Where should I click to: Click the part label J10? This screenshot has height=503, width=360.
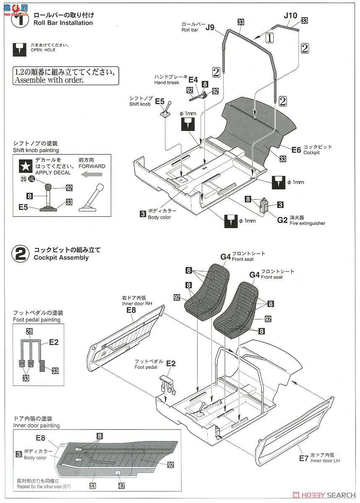click(290, 16)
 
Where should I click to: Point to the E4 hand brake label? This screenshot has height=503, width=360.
click(193, 79)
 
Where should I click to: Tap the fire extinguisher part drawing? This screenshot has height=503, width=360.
click(264, 205)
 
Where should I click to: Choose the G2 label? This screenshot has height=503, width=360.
click(282, 219)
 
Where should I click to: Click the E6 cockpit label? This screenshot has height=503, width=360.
click(296, 150)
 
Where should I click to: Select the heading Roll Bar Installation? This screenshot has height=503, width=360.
click(63, 23)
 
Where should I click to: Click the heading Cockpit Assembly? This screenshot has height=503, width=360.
click(61, 257)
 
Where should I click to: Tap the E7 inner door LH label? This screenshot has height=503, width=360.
click(304, 458)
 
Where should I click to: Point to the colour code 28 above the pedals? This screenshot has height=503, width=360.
click(29, 331)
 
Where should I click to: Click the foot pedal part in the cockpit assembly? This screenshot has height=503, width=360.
click(167, 382)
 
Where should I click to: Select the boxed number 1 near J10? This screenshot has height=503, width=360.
click(270, 37)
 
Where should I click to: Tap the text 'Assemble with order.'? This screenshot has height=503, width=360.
click(49, 80)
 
